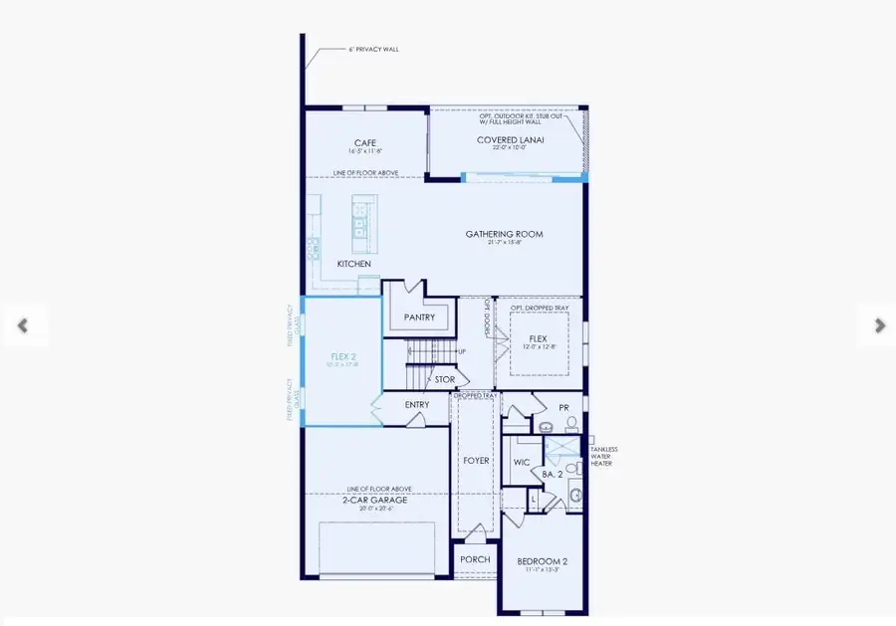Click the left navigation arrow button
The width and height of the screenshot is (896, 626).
coord(22,324)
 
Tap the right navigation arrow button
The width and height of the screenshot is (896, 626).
coord(879,324)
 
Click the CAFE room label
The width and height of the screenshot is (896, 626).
coord(364,142)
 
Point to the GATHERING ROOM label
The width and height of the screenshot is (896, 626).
coord(504,234)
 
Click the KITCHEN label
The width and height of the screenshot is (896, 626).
coord(353,264)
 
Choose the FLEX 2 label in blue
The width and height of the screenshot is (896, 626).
coord(344,354)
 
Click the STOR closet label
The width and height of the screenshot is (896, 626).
coord(445,379)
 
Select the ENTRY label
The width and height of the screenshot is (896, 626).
coord(417,405)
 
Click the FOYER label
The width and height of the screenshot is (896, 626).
coord(476,461)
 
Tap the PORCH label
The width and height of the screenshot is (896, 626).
coord(475,559)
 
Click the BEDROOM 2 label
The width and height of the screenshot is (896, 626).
coord(542,562)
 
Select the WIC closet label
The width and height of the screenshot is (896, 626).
coord(521,463)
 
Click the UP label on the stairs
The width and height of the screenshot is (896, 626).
coord(461,351)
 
